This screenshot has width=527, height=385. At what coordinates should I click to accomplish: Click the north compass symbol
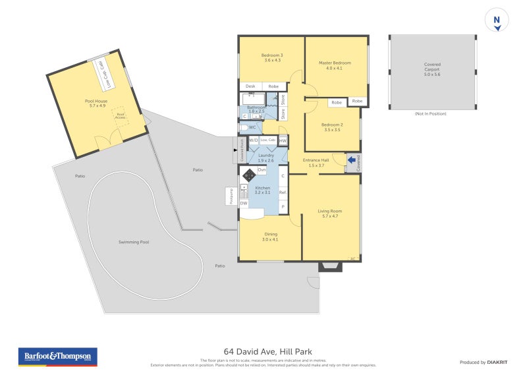tap(496, 20)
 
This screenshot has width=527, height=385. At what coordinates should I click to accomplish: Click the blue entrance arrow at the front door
tap(352, 159)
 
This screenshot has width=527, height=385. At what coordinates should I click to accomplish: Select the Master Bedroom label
tap(335, 63)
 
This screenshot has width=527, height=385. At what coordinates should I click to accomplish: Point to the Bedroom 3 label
tap(272, 55)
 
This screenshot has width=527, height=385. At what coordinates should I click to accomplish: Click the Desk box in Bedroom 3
tap(250, 86)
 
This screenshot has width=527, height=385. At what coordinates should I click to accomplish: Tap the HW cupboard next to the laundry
tap(283, 140)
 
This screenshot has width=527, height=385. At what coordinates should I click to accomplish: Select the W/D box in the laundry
tap(254, 140)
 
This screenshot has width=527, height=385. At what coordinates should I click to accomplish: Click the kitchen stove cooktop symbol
tap(249, 175)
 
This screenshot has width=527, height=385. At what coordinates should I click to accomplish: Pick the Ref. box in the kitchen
tap(283, 192)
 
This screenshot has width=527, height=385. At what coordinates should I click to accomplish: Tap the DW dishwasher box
tap(243, 203)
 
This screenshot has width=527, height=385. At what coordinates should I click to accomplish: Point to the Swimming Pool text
tap(134, 242)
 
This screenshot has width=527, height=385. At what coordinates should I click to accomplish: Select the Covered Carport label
tap(432, 67)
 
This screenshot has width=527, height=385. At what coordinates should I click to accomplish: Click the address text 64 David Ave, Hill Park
tap(263, 353)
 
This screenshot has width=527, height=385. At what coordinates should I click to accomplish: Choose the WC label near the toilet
tap(252, 127)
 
